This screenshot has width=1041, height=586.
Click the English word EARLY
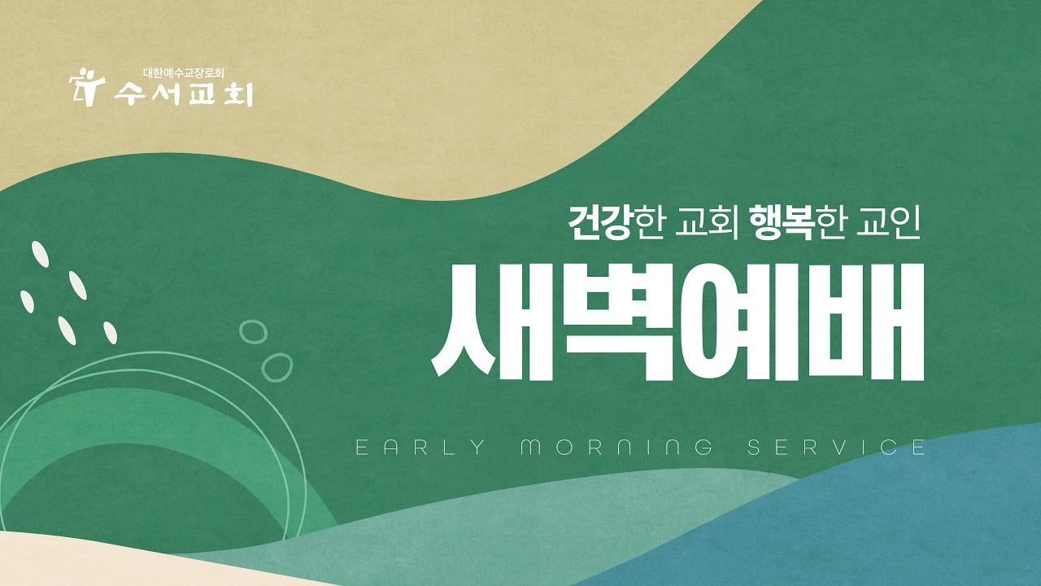click(x=420, y=447)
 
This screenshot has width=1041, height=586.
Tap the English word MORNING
click(x=616, y=447)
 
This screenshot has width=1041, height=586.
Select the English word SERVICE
click(x=836, y=447)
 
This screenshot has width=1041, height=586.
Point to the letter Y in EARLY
click(x=477, y=447)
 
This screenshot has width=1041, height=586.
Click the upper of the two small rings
click(x=253, y=331)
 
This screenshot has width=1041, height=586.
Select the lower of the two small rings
click(x=277, y=366)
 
